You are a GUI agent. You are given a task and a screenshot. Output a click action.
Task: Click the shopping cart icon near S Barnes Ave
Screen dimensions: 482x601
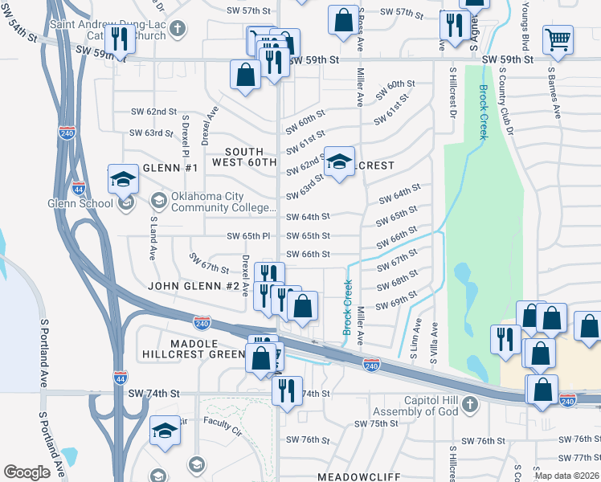point(558,38)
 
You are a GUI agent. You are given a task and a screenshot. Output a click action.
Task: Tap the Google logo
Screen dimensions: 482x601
point(27,472)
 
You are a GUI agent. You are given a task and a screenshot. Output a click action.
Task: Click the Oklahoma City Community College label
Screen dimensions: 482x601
point(213,201)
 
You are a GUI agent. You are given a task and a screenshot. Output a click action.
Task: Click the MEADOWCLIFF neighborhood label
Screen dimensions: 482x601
point(358,476)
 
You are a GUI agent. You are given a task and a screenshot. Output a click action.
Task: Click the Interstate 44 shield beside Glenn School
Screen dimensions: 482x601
point(78,188)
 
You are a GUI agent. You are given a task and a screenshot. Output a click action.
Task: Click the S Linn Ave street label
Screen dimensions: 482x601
point(415,342)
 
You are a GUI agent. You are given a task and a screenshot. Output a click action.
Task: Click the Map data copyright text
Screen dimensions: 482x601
point(567,476)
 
